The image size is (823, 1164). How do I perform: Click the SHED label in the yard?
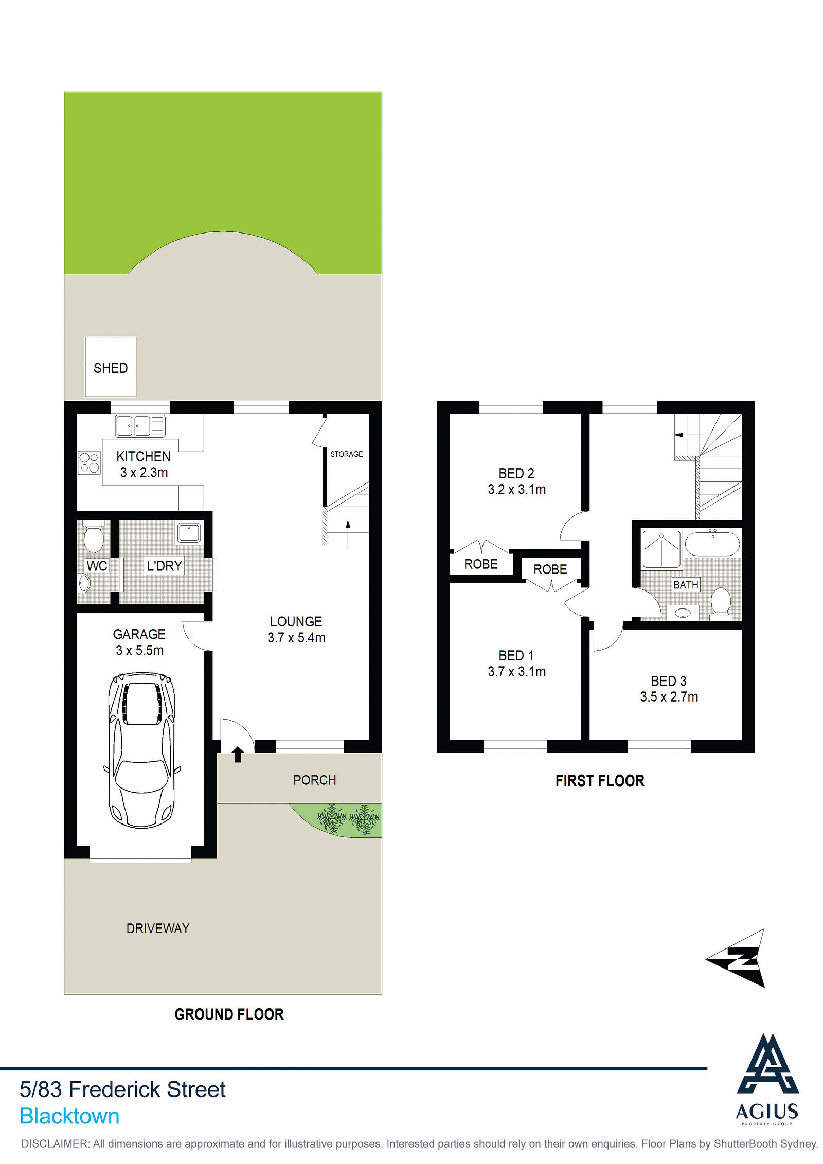tap(111, 368)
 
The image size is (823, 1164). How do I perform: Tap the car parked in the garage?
tap(141, 750)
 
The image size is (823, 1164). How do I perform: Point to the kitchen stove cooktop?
tap(89, 461)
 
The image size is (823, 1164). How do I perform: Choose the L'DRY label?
tap(165, 566)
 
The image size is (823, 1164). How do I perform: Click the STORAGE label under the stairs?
tap(346, 454)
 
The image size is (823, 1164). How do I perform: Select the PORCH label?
tap(314, 780)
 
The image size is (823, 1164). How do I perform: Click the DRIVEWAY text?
tap(158, 928)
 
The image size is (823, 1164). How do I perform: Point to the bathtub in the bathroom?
tap(712, 543)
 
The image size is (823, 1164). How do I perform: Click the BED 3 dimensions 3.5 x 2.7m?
tap(669, 697)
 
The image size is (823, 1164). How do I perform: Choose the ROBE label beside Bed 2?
tap(481, 564)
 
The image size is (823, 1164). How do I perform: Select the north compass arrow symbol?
tap(737, 958)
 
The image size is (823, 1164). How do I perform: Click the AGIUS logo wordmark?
tap(767, 1112)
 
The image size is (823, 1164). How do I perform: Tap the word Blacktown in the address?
tap(69, 1117)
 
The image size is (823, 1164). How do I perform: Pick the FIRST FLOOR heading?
tap(600, 781)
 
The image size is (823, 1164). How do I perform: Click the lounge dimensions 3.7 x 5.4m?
tap(296, 638)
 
